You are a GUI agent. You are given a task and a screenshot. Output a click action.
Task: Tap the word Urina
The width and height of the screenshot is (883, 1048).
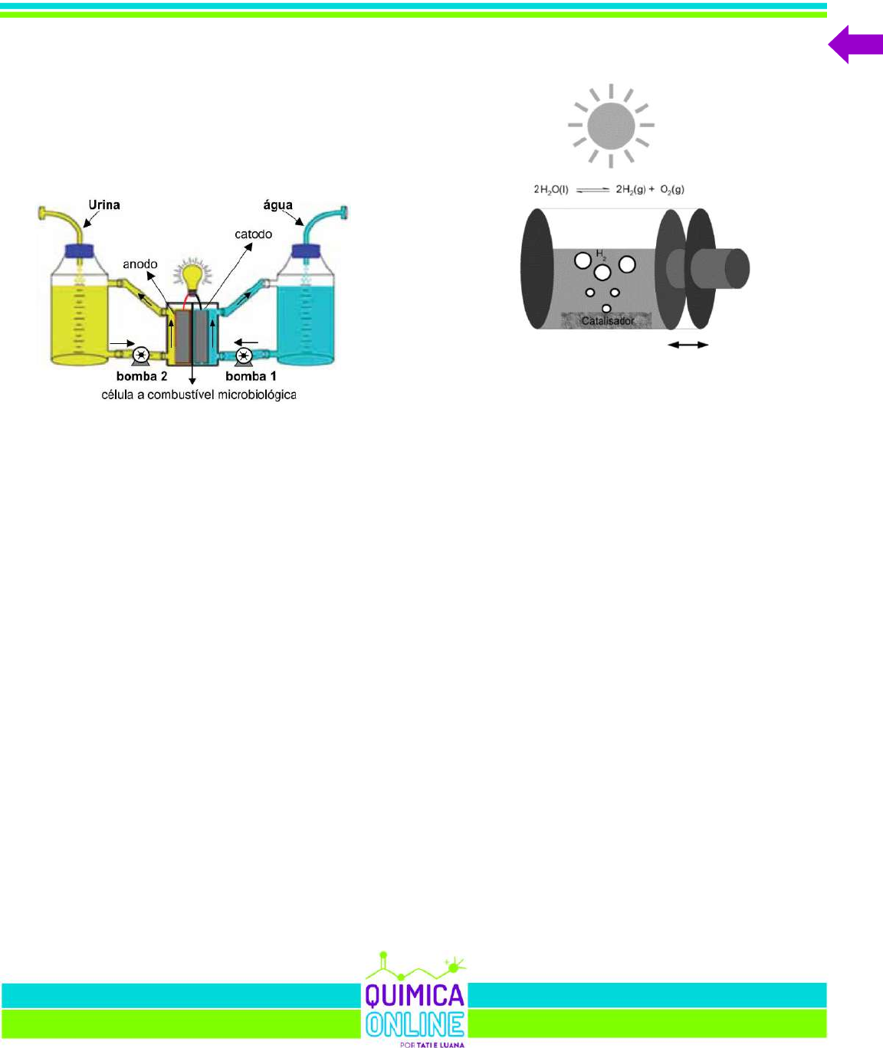(x=104, y=205)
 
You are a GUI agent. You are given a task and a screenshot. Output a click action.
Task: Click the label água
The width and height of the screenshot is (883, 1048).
(x=277, y=205)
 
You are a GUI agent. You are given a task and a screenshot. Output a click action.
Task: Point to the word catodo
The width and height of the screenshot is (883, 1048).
(x=253, y=234)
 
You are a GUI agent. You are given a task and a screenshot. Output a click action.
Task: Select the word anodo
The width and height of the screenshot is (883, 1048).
(x=140, y=264)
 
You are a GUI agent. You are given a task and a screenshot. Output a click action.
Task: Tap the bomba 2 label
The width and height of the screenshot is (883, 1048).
(x=142, y=376)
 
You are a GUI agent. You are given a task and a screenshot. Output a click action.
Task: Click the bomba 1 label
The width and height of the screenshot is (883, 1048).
(x=251, y=376)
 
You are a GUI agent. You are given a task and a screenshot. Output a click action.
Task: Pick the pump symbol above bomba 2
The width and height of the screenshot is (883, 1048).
(x=141, y=355)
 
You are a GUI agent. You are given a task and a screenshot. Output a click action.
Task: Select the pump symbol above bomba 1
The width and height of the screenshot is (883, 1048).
(x=244, y=355)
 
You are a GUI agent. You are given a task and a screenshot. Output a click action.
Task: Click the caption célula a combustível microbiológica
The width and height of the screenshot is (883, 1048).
(x=199, y=395)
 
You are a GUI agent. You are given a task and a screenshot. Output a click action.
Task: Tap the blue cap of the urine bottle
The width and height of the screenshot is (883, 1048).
(x=80, y=251)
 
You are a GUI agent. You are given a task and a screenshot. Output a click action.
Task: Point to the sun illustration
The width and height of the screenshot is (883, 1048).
(x=611, y=125)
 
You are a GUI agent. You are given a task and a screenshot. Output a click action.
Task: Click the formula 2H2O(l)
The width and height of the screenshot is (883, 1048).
(x=551, y=189)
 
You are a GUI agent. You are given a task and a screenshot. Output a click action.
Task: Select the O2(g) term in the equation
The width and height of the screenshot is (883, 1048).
(x=672, y=189)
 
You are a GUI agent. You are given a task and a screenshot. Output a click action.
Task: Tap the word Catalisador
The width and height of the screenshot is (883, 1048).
(x=608, y=320)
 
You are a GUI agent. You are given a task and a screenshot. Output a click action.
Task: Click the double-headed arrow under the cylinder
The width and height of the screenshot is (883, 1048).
(x=688, y=346)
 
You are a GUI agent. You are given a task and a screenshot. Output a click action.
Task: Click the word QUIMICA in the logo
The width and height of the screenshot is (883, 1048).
(x=414, y=995)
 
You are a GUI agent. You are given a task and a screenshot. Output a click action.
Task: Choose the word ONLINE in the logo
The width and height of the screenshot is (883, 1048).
(x=414, y=1024)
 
